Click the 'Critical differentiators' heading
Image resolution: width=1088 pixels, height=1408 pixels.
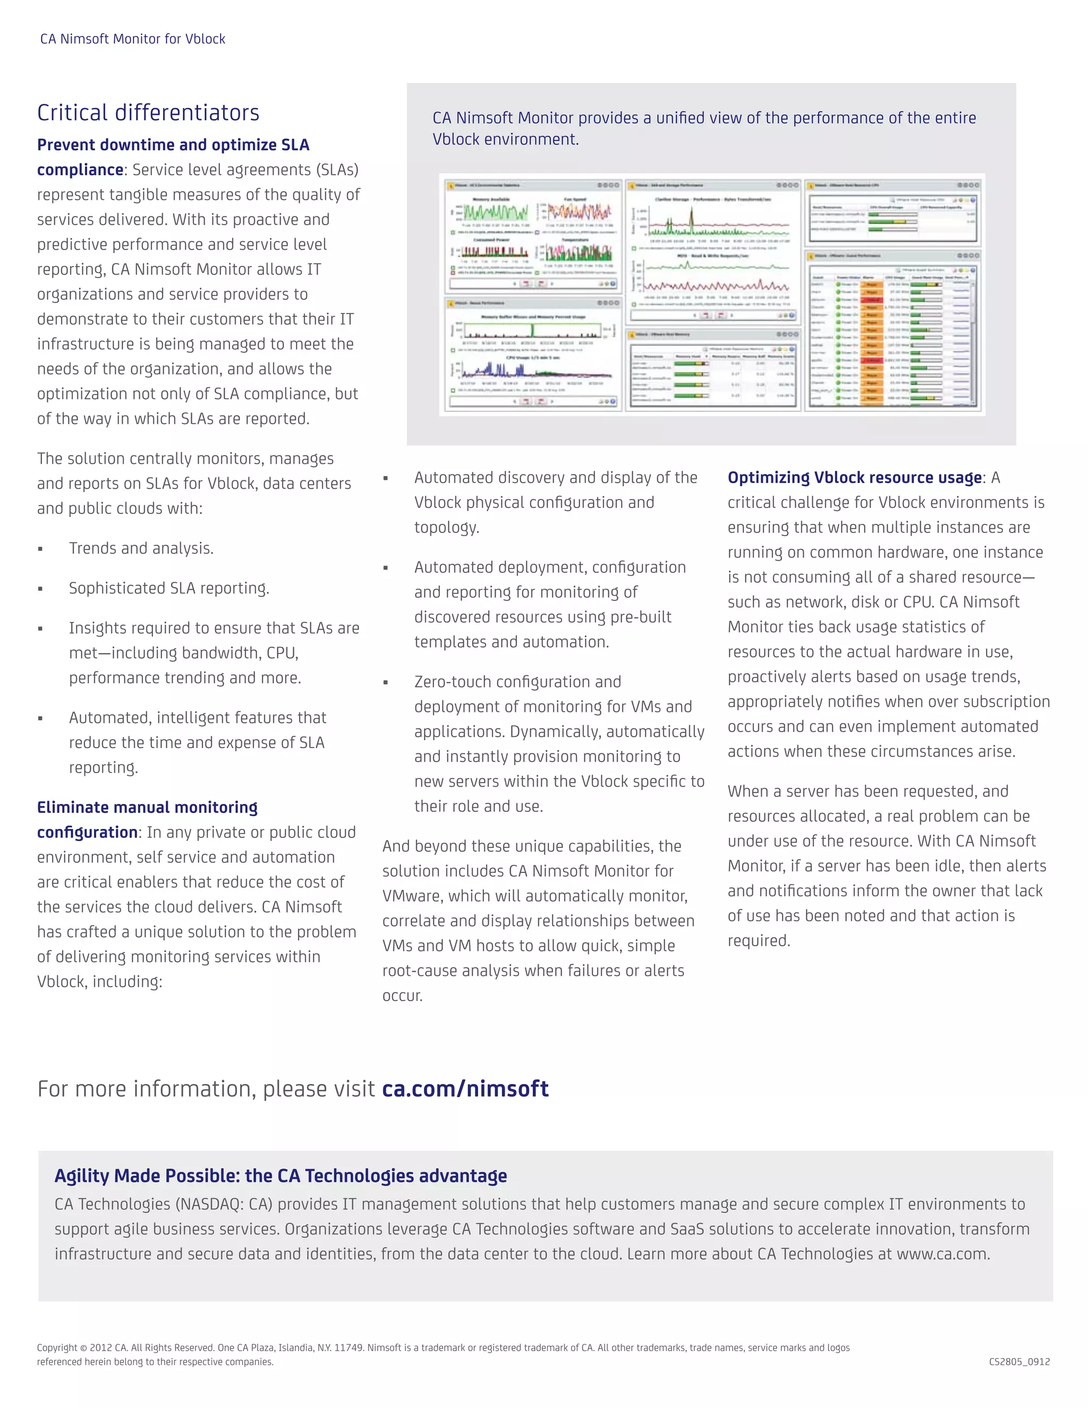[x=148, y=113]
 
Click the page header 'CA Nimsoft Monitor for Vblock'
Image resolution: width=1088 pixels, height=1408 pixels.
[x=132, y=39]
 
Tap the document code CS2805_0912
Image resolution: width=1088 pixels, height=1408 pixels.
[x=1019, y=1362]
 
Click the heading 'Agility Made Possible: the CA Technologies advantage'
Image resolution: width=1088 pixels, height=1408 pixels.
[x=280, y=1175]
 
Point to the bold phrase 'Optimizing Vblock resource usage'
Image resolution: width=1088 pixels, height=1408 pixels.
[x=854, y=478]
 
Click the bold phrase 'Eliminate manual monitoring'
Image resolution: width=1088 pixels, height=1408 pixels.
[x=147, y=807]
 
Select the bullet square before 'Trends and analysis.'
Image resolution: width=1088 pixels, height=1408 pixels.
[x=40, y=549]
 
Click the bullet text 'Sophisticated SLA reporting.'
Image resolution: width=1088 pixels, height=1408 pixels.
[x=169, y=588]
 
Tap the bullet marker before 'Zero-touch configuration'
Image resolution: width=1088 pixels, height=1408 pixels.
[x=386, y=683]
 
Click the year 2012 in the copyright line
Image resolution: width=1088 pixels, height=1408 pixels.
[x=100, y=1347]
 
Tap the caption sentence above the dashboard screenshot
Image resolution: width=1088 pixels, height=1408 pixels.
[x=704, y=128]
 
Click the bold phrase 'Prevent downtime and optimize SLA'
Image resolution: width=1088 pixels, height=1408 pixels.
[x=173, y=145]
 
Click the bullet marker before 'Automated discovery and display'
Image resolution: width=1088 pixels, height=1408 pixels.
[x=386, y=478]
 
